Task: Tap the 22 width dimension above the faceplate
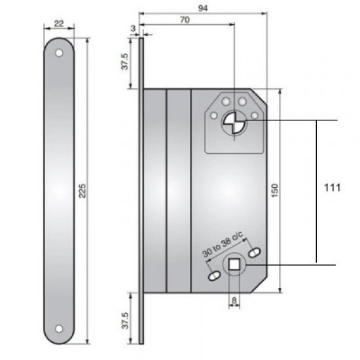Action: pos(58,23)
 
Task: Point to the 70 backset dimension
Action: pos(185,20)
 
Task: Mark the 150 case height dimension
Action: pos(276,190)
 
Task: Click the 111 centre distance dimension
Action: pos(333,188)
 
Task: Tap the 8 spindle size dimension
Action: pos(234,302)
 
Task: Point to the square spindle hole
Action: pos(234,264)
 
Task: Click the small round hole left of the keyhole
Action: pos(213,117)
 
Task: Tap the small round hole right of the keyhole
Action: pos(254,116)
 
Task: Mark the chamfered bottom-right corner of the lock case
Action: pos(261,285)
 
